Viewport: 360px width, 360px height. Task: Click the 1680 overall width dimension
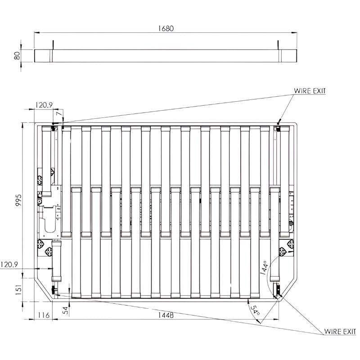coord(166,28)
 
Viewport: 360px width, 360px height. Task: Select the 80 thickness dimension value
coord(17,56)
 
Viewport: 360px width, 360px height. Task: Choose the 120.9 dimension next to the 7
coord(44,105)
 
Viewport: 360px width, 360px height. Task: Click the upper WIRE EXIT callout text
coord(310,91)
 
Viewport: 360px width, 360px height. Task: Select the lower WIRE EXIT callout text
coord(340,332)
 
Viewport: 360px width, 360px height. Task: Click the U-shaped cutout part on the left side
coord(48,224)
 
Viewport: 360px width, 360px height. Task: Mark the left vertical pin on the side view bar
coord(53,45)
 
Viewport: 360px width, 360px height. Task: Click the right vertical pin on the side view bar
coord(279,45)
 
